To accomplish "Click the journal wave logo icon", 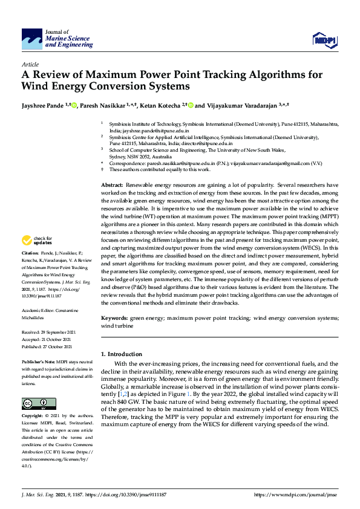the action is pos(32,39).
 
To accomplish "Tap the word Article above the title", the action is pos(30,64).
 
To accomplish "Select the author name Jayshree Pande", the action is pos(44,105).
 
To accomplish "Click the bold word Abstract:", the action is pos(112,167).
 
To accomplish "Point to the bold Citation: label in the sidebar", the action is pos(30,286).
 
